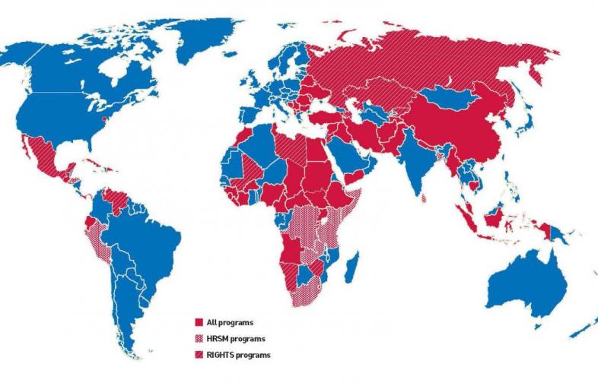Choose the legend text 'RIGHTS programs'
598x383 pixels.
[237, 355]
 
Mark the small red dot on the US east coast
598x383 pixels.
[104, 119]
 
